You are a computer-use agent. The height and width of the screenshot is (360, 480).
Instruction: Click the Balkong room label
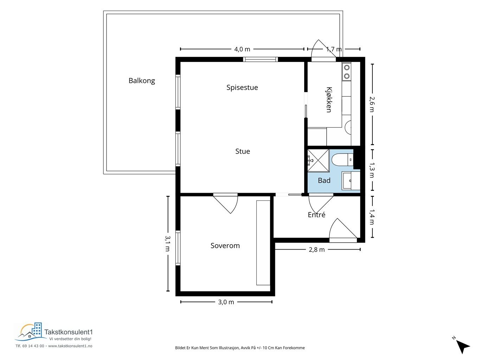pos(141,81)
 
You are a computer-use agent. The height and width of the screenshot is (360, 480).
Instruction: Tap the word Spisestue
pos(242,88)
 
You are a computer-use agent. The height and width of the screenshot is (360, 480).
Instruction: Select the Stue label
pos(242,151)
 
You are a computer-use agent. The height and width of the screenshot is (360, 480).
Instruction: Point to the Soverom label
pos(225,246)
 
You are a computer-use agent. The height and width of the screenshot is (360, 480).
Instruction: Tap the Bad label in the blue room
pos(324,181)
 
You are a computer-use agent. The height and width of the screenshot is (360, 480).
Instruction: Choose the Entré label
pos(316,215)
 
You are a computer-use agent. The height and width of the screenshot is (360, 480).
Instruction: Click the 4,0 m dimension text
pos(242,50)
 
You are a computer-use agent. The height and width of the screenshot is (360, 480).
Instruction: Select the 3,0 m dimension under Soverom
pos(226,302)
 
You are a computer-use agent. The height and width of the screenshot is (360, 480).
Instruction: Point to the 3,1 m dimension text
pos(168,243)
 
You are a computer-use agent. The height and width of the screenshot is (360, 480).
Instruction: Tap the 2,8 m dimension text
pos(316,250)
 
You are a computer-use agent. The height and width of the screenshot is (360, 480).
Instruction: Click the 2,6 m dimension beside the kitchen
pos(372,104)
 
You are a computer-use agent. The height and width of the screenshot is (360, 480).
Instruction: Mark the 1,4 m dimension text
pos(372,217)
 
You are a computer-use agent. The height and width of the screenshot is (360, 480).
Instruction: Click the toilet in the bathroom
pos(342,160)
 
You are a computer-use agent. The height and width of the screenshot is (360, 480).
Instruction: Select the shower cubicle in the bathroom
pos(318,160)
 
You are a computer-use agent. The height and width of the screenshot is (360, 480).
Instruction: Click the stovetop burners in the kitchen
pos(346,72)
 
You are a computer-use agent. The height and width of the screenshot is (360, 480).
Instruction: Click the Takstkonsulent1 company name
pos(69,332)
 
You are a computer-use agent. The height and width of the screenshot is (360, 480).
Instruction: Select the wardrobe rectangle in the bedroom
pos(263,243)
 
